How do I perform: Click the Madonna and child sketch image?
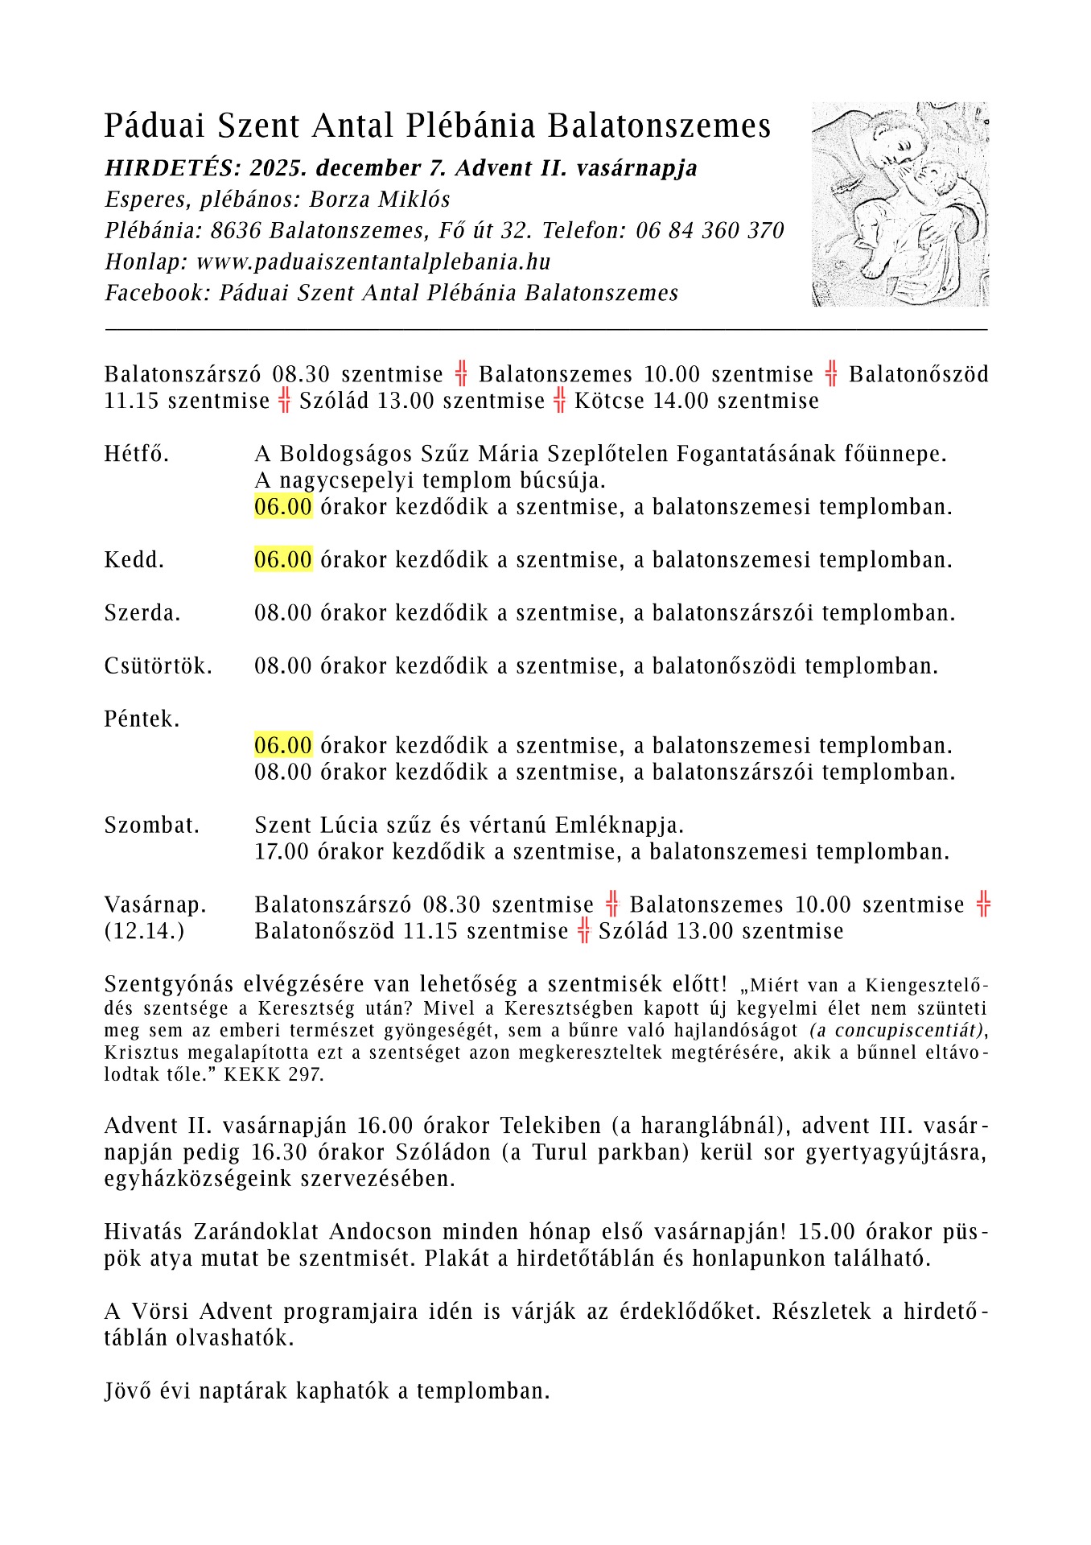pos(900,204)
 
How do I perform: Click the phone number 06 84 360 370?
pos(710,231)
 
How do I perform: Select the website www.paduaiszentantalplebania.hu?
pos(373,262)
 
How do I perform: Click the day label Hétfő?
pos(137,454)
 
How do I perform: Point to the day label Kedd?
pos(134,560)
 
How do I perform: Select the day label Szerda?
pos(142,613)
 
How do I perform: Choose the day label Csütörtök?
pos(159,666)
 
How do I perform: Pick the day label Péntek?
pos(142,719)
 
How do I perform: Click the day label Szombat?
pos(151,826)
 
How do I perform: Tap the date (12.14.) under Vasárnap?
pos(144,932)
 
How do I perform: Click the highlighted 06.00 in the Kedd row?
pos(283,560)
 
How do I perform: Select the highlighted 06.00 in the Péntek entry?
pos(283,746)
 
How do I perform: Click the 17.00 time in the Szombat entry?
pos(282,852)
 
